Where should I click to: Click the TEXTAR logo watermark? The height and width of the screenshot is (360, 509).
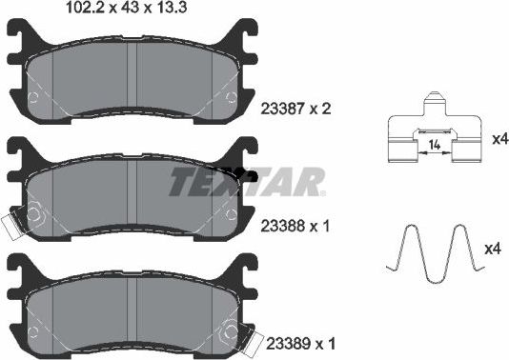click(247, 180)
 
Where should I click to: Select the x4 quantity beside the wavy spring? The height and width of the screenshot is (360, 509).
click(492, 250)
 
